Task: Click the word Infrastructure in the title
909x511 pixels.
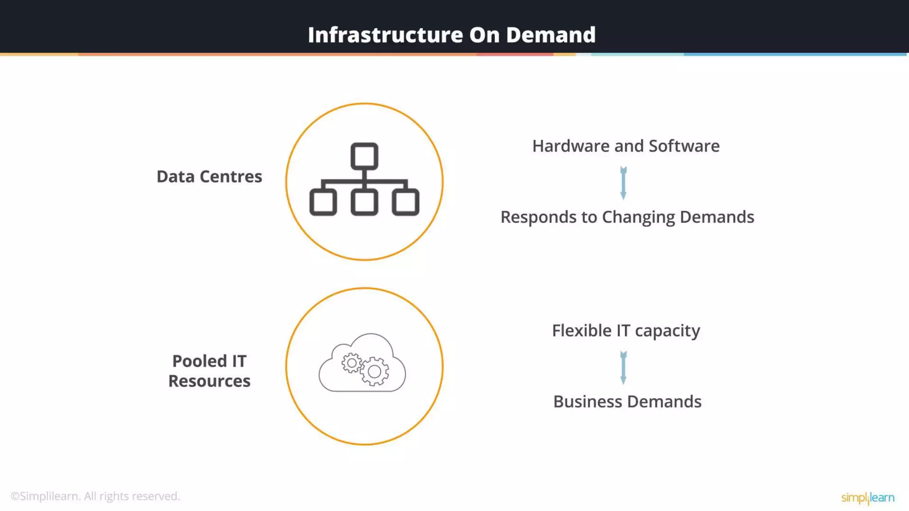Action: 385,35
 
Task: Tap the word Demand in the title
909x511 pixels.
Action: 550,35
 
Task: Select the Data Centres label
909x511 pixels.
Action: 209,177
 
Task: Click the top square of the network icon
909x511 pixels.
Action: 364,156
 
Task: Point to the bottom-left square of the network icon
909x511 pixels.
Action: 323,202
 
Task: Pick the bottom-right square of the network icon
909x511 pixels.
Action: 406,202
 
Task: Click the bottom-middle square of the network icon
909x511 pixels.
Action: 364,202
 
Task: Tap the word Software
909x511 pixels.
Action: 684,146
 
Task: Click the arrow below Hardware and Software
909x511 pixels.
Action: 624,183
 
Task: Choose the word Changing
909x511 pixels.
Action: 638,217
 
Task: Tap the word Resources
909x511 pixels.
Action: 209,381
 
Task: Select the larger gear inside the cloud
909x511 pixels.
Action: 375,371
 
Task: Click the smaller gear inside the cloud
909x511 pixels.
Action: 352,363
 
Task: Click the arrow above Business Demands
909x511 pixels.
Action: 624,367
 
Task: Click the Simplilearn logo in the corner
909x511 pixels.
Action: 868,498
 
